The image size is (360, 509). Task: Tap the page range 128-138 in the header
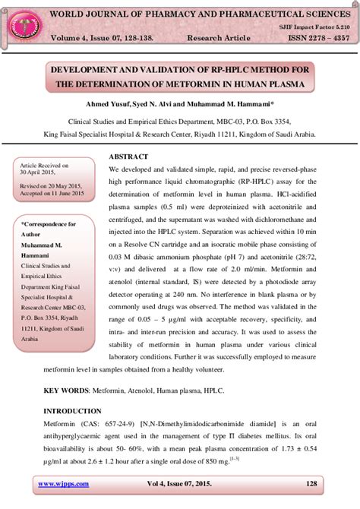159,37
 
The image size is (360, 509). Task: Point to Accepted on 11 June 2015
53,194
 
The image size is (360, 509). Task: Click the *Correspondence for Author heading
49,229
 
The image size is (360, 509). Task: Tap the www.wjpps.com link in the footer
64,484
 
